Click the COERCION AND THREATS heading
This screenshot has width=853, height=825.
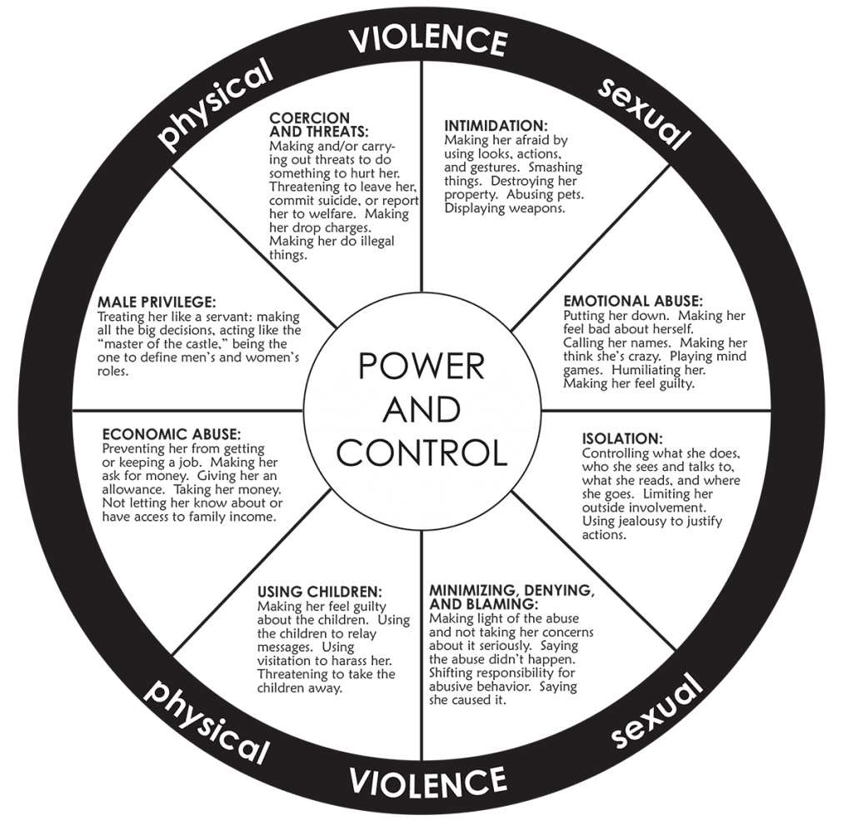click(319, 125)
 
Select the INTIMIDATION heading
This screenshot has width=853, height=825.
click(496, 126)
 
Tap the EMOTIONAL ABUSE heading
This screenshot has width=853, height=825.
click(633, 301)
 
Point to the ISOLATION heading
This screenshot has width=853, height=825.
click(622, 438)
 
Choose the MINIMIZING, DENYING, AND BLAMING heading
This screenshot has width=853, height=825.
click(511, 597)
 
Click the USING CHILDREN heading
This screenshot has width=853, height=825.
click(320, 592)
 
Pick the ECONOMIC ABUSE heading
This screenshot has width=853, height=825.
click(172, 434)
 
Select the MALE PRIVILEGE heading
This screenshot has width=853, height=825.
click(157, 302)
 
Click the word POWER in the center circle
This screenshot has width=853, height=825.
click(422, 366)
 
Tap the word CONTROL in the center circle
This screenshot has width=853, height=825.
click(422, 452)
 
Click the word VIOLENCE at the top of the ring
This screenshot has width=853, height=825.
click(427, 40)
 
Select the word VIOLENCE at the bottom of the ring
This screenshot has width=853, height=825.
click(427, 782)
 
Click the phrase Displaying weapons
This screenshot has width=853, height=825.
click(505, 207)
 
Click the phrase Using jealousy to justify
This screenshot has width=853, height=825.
click(652, 521)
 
